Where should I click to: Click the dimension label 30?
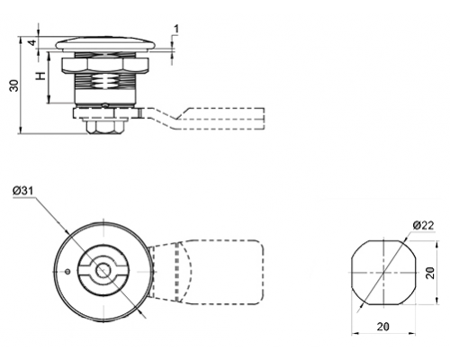[14, 85]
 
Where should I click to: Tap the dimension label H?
[40, 76]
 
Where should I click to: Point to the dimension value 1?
[176, 29]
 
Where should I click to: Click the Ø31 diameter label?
[22, 191]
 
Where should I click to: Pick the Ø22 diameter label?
[423, 225]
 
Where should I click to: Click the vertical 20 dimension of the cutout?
[430, 273]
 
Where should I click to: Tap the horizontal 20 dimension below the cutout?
[383, 327]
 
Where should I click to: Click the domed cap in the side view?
[105, 43]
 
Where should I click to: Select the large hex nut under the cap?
[104, 66]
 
